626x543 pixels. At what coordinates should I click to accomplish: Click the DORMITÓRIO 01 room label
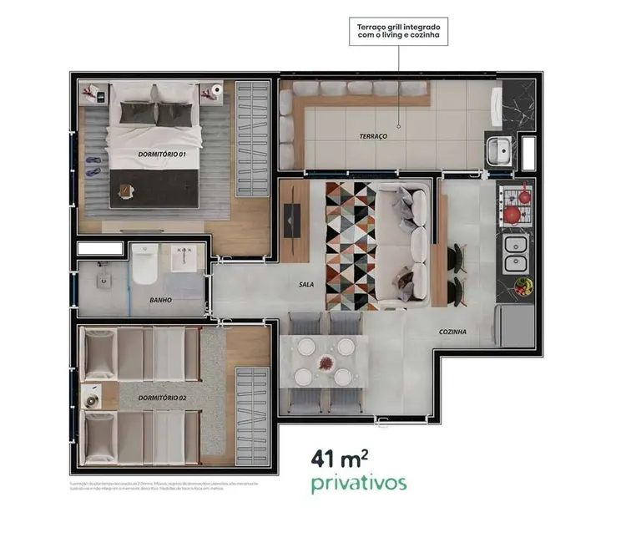[x=162, y=155]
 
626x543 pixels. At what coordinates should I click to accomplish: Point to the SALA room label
[x=306, y=285]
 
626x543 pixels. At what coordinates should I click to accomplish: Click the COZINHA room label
[x=453, y=332]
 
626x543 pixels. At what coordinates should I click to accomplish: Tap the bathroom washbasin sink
[x=184, y=258]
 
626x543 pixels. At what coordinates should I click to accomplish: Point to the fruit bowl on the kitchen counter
[x=523, y=287]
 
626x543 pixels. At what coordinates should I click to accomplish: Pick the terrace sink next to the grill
[x=499, y=151]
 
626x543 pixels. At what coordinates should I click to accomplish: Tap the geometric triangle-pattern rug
[x=351, y=246]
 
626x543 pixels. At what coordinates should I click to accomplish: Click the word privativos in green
[x=359, y=483]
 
